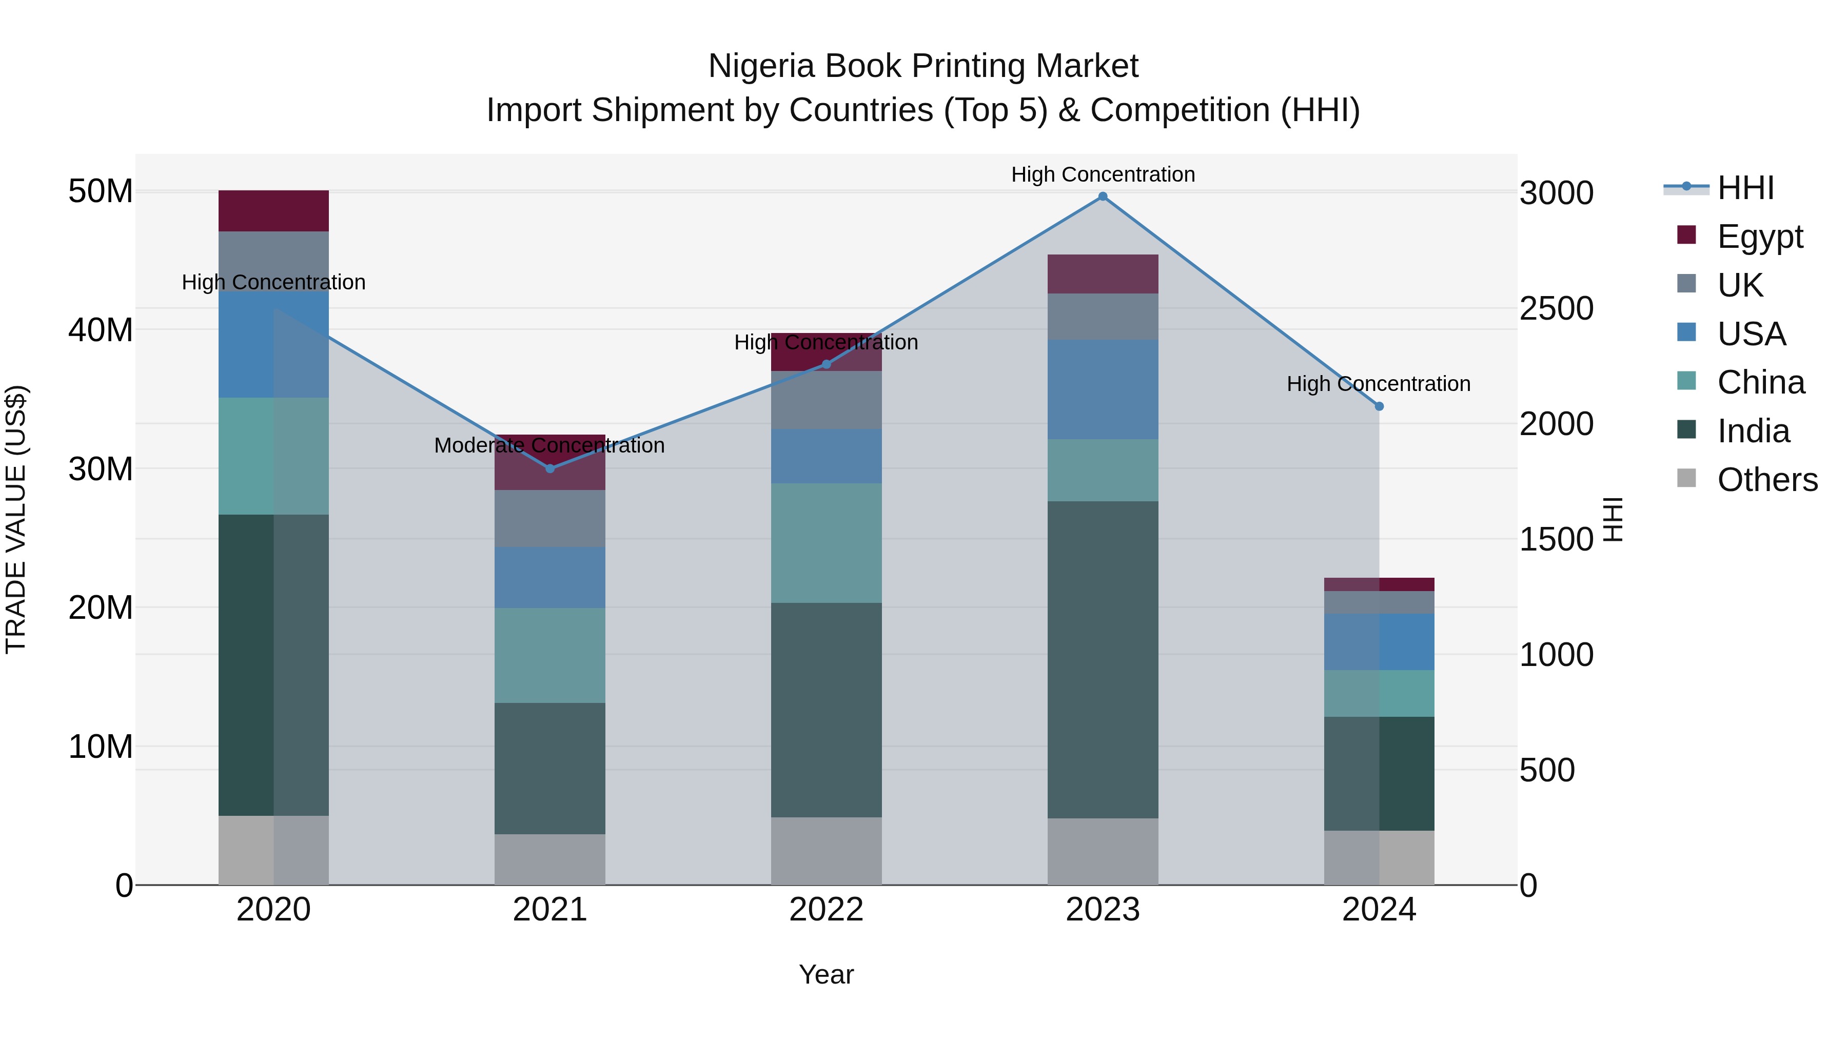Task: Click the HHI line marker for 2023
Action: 1103,197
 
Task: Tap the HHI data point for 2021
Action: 550,468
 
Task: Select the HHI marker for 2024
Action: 1379,406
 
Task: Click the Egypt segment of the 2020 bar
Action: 273,211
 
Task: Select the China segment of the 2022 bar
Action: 826,543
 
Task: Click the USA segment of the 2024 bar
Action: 1379,642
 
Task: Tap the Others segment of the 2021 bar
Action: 550,859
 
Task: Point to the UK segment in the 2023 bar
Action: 1103,316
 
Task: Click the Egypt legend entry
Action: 1760,237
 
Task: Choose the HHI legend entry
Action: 1745,188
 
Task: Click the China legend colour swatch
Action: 1686,381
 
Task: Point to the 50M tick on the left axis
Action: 101,191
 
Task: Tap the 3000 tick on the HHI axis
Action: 1557,193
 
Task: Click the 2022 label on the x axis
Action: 826,910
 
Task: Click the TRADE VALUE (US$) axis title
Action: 16,519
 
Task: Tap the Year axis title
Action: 826,974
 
